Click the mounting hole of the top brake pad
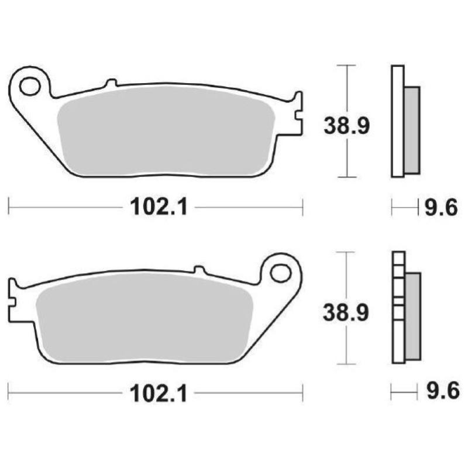[x=28, y=86]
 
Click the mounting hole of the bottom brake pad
[x=281, y=273]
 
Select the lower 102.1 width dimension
[x=157, y=394]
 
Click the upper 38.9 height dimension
[x=347, y=125]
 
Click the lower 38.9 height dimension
[x=347, y=313]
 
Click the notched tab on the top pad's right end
[x=298, y=113]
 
